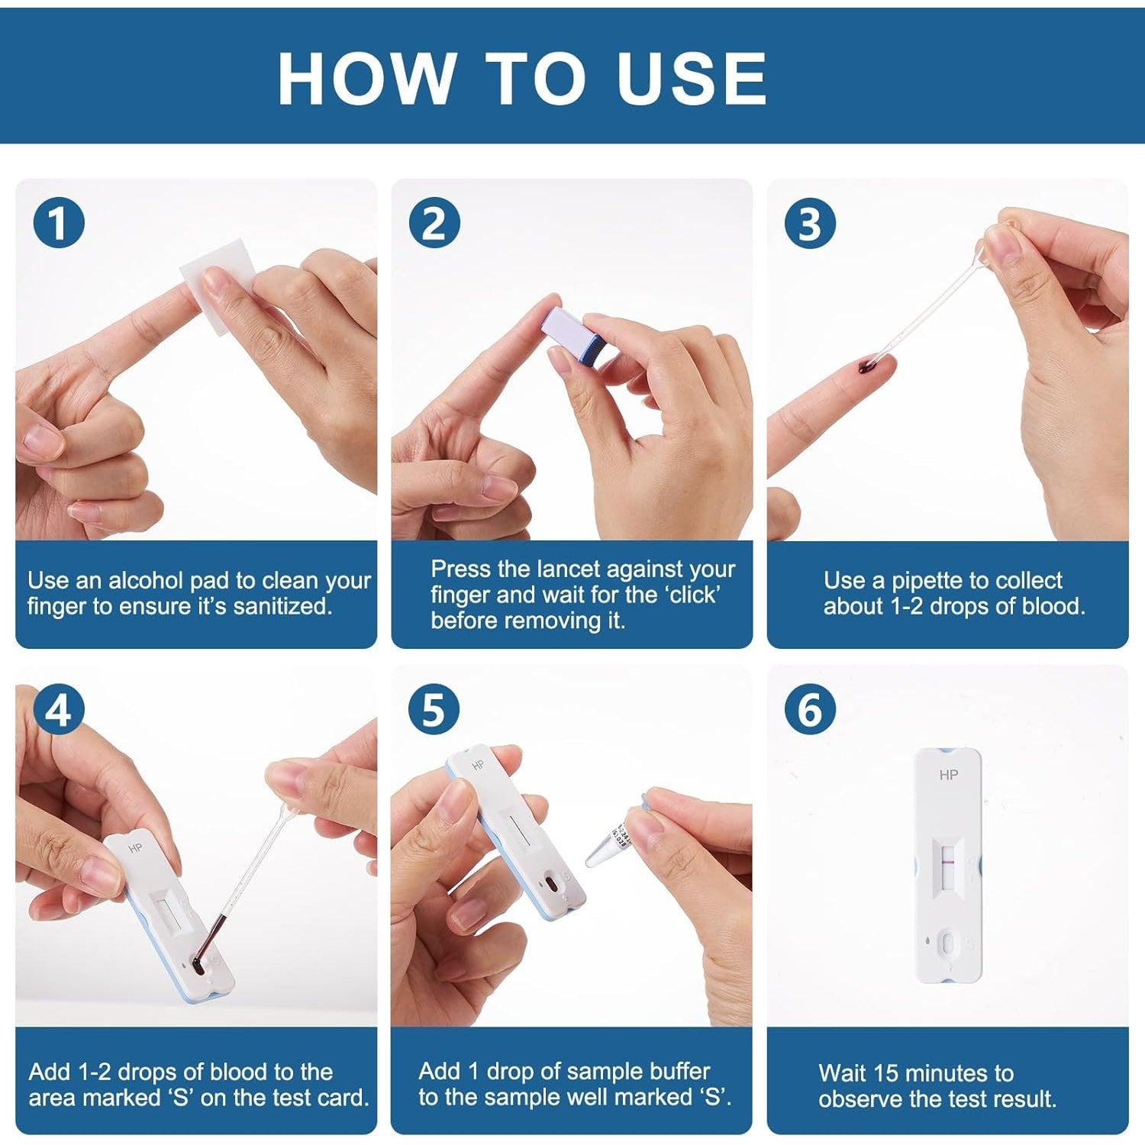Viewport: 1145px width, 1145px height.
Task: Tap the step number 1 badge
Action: (x=58, y=224)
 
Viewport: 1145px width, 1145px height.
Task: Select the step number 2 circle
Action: (x=434, y=224)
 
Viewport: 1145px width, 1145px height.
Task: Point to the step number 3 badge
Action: (x=810, y=224)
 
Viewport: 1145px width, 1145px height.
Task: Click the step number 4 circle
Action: (x=58, y=709)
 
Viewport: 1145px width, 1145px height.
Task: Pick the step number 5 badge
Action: (x=434, y=709)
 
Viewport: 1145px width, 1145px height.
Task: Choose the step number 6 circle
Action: (x=810, y=709)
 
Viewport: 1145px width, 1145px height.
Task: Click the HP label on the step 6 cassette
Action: (x=948, y=775)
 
